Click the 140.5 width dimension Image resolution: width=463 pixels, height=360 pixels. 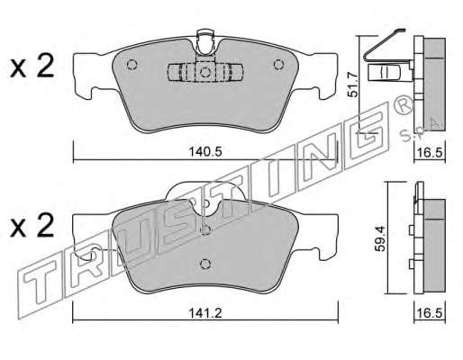205,152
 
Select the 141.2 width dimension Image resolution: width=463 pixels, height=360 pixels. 205,313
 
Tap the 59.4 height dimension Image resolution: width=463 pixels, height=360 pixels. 380,238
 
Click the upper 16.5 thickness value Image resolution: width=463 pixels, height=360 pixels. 430,153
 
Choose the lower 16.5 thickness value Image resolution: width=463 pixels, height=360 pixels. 430,313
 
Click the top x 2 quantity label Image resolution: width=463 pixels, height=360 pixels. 32,67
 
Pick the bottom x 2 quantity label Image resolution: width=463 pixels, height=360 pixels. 32,226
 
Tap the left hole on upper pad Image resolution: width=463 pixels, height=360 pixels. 132,65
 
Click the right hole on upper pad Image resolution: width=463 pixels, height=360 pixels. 278,64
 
